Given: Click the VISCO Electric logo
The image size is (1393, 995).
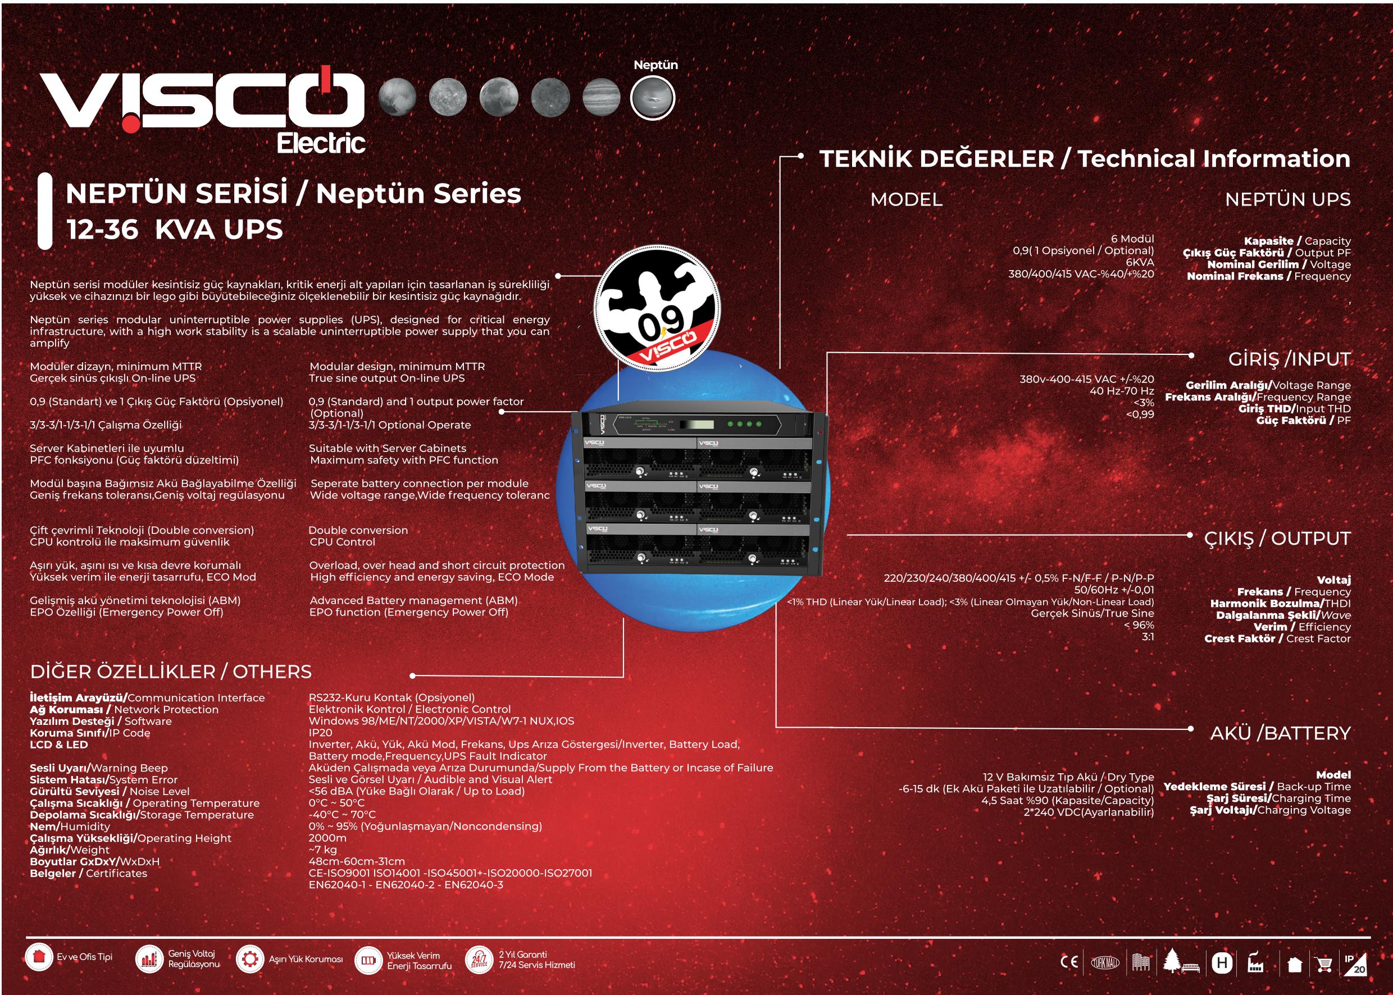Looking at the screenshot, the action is point(202,110).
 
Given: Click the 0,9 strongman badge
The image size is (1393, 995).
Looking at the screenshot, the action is point(657,308).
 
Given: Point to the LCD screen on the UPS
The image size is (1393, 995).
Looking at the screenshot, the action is point(699,425).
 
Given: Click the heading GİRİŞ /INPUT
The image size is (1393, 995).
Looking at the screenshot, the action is point(1289,359).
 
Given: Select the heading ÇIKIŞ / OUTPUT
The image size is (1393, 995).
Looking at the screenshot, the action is point(1277,538).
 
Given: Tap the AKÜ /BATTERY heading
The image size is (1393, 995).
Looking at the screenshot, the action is point(1280,733).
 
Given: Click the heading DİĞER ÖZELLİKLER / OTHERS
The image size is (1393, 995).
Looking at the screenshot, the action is point(171,672).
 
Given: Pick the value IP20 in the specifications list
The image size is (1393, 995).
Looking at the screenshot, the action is point(321,733).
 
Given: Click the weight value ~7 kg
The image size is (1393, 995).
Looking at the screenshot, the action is point(323,850).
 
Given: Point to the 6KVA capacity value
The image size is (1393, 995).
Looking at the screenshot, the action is point(1140,262).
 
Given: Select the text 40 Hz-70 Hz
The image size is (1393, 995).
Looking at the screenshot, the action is point(1122,391).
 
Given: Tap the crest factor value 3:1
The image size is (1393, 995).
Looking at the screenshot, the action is point(1148,637).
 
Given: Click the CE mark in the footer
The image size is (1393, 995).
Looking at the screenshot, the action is point(1069,962).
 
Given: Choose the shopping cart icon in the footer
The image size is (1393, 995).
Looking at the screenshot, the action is point(1324,964).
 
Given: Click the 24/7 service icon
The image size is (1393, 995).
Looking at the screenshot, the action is point(479,960).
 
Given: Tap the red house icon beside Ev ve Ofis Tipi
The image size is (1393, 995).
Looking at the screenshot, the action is point(39,956).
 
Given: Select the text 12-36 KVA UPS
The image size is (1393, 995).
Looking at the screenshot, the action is point(175,230).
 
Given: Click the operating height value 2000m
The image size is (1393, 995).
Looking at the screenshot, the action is point(327,838).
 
